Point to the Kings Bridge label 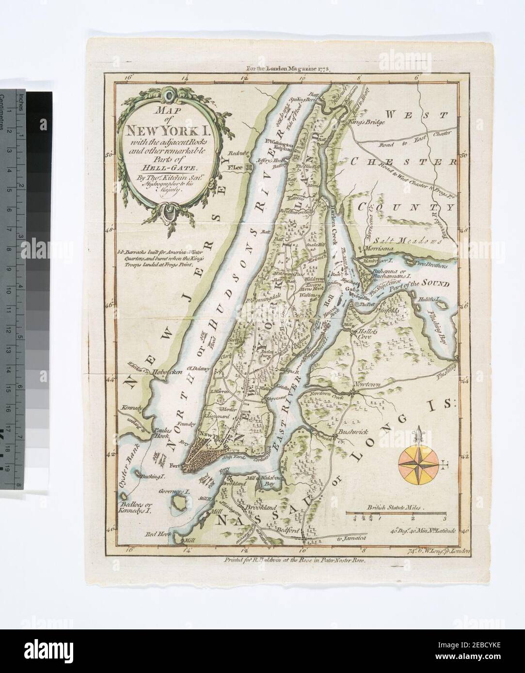click(x=366, y=122)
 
